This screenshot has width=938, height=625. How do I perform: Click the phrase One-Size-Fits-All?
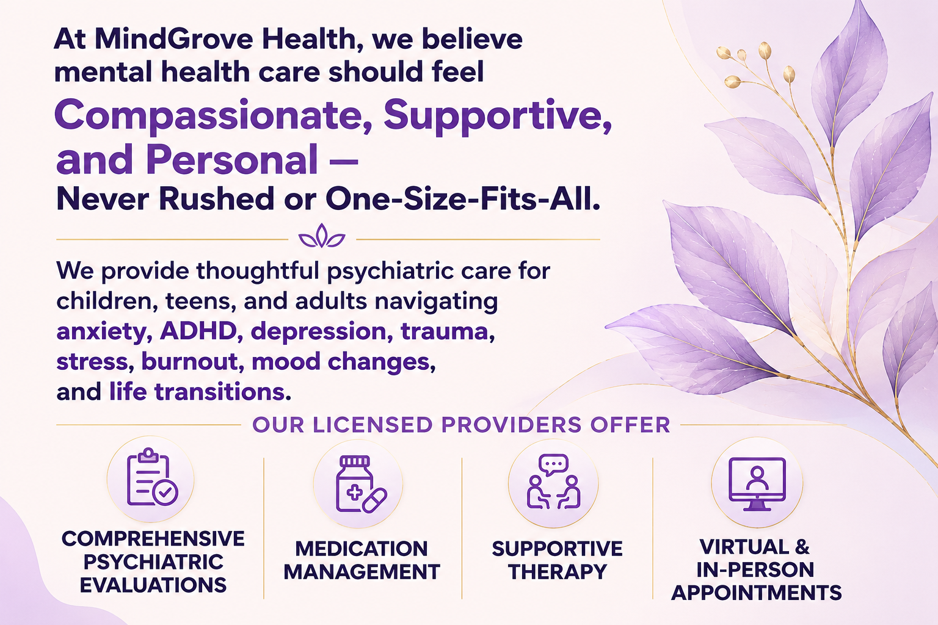(x=463, y=199)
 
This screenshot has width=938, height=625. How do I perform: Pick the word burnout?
(x=192, y=361)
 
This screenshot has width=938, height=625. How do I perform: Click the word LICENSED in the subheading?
(x=373, y=425)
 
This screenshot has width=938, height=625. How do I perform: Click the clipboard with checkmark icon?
(x=152, y=477)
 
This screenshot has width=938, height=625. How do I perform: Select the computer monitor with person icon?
(x=757, y=484)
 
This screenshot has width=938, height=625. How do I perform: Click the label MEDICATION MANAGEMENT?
(x=362, y=560)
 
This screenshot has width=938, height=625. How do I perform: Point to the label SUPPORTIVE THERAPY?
(x=558, y=560)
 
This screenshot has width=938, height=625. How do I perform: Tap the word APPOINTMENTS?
(x=757, y=593)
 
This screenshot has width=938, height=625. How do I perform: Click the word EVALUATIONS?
(x=153, y=585)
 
